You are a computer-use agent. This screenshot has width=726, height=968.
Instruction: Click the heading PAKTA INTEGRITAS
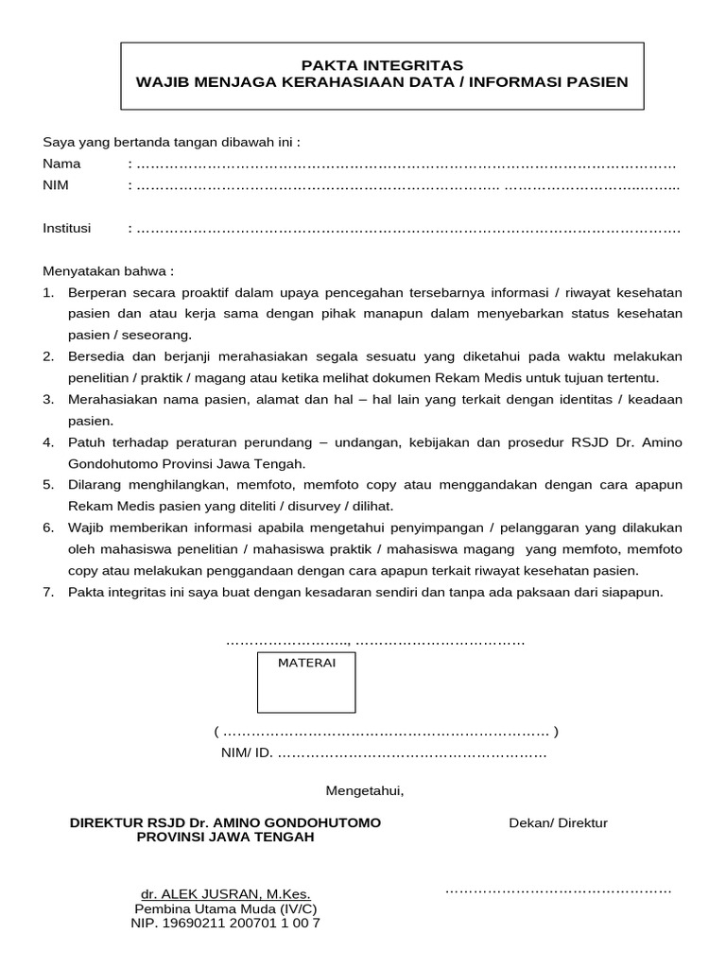382,65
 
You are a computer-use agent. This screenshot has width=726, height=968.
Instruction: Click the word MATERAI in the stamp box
306,663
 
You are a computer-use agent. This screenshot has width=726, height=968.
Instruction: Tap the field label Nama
62,164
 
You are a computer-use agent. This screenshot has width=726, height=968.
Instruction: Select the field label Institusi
67,228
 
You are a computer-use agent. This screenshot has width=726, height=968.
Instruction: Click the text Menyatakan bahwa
109,270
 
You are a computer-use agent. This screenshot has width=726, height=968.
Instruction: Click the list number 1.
48,292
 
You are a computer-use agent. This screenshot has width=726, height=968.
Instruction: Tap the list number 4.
48,442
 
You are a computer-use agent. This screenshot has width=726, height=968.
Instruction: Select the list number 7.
48,592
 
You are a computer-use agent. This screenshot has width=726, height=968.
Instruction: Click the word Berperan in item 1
95,292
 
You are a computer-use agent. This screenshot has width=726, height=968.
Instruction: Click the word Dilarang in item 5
93,485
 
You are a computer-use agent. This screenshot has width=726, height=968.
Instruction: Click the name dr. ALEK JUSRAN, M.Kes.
225,894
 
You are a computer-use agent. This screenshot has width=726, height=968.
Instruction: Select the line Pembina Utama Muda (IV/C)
225,908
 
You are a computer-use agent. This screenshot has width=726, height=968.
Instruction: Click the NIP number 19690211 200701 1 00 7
225,923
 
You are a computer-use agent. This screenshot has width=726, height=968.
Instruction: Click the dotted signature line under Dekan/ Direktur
558,890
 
